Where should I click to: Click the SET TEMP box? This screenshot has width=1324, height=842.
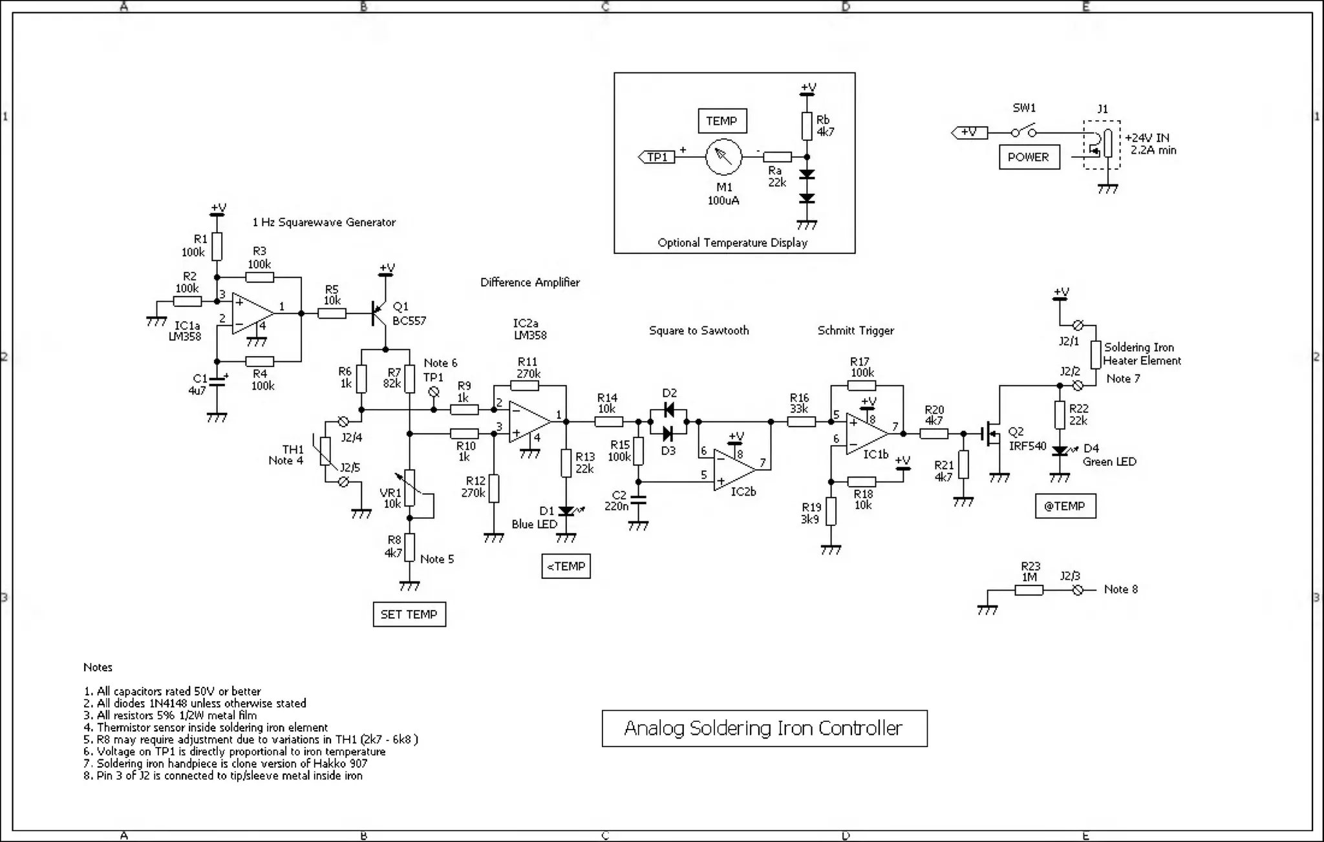point(409,614)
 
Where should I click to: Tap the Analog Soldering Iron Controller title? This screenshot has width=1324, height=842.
point(764,728)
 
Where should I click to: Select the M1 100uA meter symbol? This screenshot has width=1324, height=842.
point(723,157)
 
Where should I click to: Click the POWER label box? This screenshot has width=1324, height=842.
point(1029,157)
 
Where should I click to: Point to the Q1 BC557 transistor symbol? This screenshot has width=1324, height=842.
point(379,313)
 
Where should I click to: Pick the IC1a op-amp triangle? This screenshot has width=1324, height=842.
point(253,313)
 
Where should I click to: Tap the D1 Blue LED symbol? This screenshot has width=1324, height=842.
point(566,510)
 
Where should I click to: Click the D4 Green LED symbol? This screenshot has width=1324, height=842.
point(1060,450)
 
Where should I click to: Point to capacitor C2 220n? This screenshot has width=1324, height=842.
point(638,500)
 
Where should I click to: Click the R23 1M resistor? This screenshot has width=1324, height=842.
point(1029,590)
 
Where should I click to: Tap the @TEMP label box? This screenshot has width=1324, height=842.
point(1065,506)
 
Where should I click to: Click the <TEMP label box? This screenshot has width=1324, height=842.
point(566,566)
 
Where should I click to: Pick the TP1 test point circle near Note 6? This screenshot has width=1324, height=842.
point(434,392)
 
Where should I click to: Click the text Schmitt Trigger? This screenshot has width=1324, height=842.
point(855,330)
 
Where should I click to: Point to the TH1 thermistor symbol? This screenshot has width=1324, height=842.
point(325,451)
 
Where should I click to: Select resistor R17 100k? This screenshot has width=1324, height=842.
point(861,386)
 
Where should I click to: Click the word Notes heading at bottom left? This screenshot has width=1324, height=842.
point(98,667)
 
